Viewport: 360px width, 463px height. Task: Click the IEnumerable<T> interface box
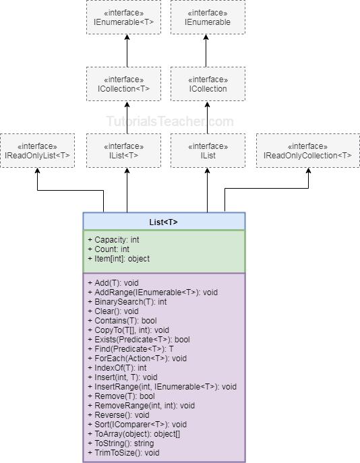pyautogui.click(x=123, y=18)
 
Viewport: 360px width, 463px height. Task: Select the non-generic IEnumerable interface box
pyautogui.click(x=207, y=18)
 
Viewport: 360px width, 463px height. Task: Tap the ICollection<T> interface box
pyautogui.click(x=123, y=84)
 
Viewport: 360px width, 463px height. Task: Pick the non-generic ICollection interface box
pyautogui.click(x=207, y=84)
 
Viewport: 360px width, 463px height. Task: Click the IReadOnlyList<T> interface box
pyautogui.click(x=37, y=150)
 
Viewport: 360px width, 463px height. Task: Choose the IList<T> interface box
pyautogui.click(x=123, y=150)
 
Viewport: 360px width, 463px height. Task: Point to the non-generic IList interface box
pyautogui.click(x=207, y=150)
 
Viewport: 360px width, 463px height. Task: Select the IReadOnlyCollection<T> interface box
pyautogui.click(x=307, y=150)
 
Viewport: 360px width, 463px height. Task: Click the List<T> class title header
pyautogui.click(x=164, y=222)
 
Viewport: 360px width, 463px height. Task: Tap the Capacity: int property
pyautogui.click(x=113, y=239)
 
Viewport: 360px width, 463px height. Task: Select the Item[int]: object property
pyautogui.click(x=119, y=259)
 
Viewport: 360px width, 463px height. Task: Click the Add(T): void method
pyautogui.click(x=113, y=283)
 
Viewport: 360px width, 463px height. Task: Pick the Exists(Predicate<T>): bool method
pyautogui.click(x=139, y=340)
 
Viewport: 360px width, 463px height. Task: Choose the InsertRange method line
pyautogui.click(x=162, y=387)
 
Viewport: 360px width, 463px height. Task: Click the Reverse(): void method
pyautogui.click(x=119, y=415)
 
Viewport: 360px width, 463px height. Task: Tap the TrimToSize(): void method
pyautogui.click(x=123, y=453)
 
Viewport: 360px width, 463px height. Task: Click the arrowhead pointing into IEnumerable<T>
pyautogui.click(x=127, y=38)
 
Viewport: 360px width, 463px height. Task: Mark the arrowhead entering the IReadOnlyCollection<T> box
pyautogui.click(x=309, y=171)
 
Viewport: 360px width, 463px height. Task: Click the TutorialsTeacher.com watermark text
pyautogui.click(x=170, y=121)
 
